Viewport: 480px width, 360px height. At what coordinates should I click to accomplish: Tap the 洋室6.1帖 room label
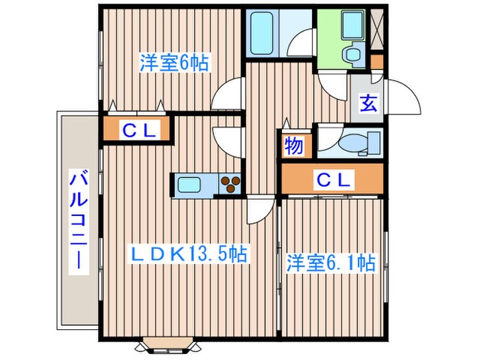pos(331,263)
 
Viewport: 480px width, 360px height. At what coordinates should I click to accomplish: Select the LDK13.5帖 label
pos(189,254)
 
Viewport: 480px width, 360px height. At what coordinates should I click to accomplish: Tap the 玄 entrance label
pos(368,105)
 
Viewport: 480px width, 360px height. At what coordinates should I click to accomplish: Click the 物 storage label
pos(293,145)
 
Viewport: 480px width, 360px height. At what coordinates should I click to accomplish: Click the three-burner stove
pos(231,184)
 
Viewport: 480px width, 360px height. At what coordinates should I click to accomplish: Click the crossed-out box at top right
pos(376,28)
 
